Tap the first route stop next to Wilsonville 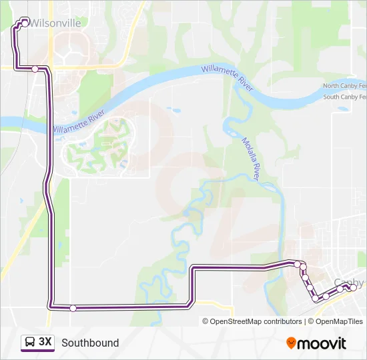(25, 23)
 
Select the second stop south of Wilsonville (35, 69)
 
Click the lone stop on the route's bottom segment (73, 307)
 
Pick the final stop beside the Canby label (352, 287)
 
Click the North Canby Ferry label (344, 86)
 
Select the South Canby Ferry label (344, 97)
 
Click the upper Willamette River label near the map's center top (228, 78)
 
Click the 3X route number (45, 343)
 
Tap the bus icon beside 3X (31, 343)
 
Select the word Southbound (90, 343)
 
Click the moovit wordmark (322, 343)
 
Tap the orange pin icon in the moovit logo (291, 343)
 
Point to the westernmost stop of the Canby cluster (297, 264)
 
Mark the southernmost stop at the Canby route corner (316, 298)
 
